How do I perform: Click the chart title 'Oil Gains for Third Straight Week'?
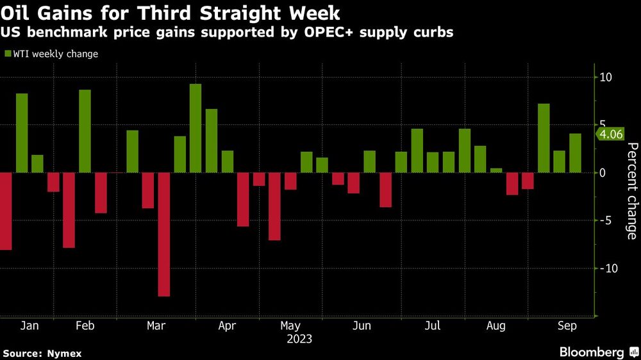click(171, 13)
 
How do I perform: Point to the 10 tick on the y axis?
click(606, 78)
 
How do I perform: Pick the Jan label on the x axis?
click(29, 326)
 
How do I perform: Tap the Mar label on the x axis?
click(156, 326)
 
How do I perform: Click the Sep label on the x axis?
click(567, 326)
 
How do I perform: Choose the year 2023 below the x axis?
click(299, 339)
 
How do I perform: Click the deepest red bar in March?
click(164, 234)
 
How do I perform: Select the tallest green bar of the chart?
click(196, 128)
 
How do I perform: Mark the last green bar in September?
click(575, 153)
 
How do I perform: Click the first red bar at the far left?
click(6, 211)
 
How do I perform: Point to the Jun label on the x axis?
click(362, 326)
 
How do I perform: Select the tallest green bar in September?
click(544, 138)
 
